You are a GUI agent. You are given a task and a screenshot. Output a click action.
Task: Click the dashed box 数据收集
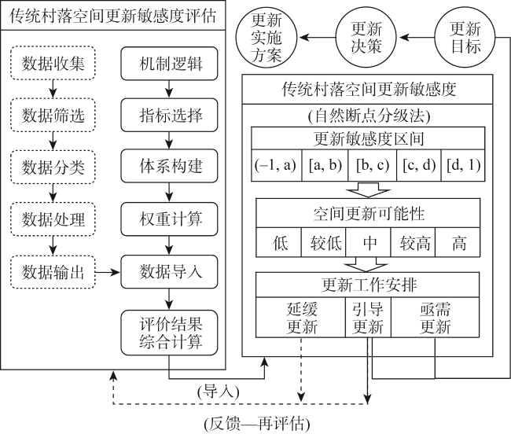point(53,63)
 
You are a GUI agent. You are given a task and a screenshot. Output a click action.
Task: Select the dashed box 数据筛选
point(53,115)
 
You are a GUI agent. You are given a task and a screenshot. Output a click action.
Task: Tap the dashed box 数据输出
point(53,272)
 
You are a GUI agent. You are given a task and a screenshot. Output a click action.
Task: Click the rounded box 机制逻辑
point(169,64)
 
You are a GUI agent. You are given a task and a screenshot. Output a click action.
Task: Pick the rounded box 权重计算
point(169,219)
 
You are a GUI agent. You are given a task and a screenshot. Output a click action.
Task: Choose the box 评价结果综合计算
point(169,333)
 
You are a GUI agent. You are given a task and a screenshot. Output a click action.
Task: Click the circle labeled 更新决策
point(366,38)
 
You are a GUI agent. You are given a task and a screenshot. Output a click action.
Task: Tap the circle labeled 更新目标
point(465,38)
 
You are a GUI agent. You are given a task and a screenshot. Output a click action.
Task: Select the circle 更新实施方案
point(267,38)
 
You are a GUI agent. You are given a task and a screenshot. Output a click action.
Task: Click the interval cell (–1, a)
point(277,165)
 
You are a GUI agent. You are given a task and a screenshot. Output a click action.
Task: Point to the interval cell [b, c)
point(373,165)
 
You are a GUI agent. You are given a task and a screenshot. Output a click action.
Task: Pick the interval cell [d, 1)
point(463,165)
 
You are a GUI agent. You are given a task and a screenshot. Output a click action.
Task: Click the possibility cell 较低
point(324,242)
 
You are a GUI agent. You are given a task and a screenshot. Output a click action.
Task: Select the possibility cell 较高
point(414,242)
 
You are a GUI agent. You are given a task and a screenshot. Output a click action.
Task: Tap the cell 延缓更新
point(300,318)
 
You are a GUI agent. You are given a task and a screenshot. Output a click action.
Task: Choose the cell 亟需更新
point(436,318)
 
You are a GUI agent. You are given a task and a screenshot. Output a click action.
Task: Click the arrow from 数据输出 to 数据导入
point(108,272)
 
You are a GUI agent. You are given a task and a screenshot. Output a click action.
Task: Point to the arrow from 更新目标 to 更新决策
point(417,38)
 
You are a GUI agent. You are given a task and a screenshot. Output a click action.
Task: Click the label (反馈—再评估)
point(257,425)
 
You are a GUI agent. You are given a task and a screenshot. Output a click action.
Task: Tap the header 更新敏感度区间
point(368,138)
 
